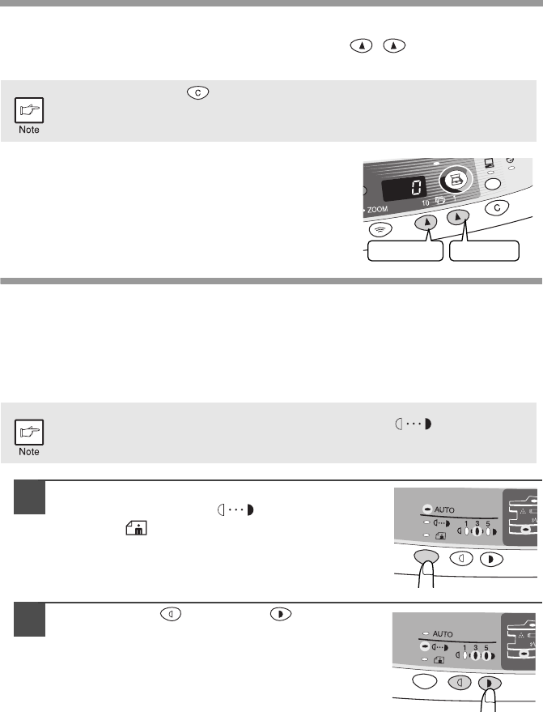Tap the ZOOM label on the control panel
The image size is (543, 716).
pyautogui.click(x=377, y=210)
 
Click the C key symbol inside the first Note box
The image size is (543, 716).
pyautogui.click(x=197, y=92)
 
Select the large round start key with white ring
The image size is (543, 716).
pyautogui.click(x=455, y=180)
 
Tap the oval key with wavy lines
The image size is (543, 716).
pyautogui.click(x=380, y=229)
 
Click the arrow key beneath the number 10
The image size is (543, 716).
pyautogui.click(x=426, y=223)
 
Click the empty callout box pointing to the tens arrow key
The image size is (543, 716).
pyautogui.click(x=405, y=251)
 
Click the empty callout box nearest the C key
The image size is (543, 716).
pyautogui.click(x=484, y=251)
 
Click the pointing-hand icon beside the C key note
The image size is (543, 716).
pyautogui.click(x=29, y=110)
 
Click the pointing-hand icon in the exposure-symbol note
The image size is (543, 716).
pyautogui.click(x=29, y=432)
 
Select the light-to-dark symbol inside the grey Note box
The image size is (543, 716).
pyautogui.click(x=413, y=424)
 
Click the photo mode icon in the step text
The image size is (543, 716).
pyautogui.click(x=136, y=528)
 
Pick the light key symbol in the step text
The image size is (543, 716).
pyautogui.click(x=171, y=614)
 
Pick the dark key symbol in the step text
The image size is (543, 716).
pyautogui.click(x=281, y=614)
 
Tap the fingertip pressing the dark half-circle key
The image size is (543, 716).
pyautogui.click(x=490, y=695)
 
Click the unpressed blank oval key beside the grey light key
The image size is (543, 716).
pyautogui.click(x=424, y=681)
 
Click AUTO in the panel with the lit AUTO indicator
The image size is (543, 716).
pyautogui.click(x=444, y=509)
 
